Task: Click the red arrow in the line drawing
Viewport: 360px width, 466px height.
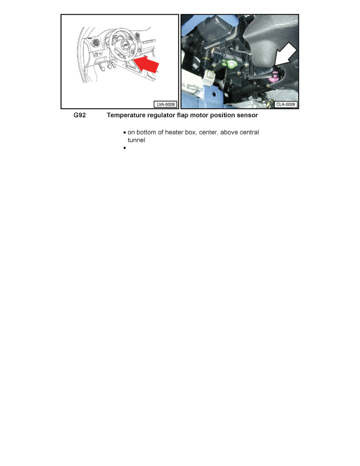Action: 147,65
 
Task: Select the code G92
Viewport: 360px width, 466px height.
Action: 80,116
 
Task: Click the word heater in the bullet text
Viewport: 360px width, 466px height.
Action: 174,133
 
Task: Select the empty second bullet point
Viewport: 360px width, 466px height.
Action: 124,149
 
